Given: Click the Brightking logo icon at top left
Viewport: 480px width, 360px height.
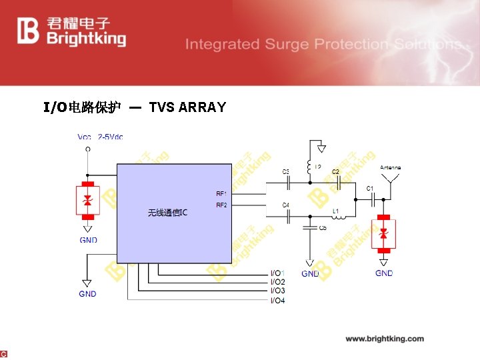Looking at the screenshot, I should [29, 31].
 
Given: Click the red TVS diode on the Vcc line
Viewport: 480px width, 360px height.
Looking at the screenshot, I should [87, 199].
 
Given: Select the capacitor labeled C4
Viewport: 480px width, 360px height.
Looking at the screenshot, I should [288, 215].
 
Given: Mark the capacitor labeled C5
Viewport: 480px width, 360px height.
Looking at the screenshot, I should [309, 227].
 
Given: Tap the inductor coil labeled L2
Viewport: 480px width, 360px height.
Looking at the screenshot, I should [309, 167].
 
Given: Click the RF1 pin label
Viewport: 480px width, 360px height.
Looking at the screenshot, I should [221, 194].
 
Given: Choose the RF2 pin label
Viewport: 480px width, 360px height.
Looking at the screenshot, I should [221, 205].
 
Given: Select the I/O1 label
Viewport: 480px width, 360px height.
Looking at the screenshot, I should [277, 273].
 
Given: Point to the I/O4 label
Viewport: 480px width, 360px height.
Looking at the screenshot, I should [277, 301].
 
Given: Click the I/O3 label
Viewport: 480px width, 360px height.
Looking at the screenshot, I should [277, 291].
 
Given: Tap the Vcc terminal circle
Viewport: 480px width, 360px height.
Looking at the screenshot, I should [87, 149].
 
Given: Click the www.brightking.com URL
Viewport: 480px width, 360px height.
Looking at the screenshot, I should [385, 339].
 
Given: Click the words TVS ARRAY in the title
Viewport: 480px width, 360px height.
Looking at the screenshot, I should [187, 107].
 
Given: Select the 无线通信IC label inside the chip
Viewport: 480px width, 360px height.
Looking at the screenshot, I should [167, 213].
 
